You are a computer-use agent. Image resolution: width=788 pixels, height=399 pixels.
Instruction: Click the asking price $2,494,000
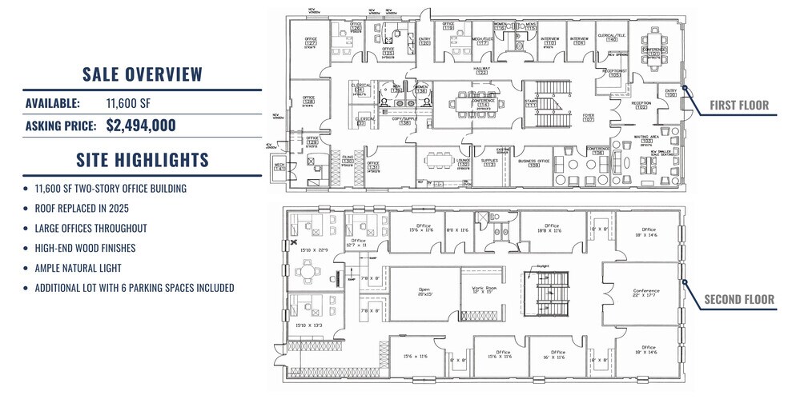click(141, 126)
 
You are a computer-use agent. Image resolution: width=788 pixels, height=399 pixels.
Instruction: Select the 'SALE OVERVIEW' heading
click(143, 75)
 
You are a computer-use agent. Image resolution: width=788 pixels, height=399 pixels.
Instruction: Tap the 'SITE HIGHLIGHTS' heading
click(143, 160)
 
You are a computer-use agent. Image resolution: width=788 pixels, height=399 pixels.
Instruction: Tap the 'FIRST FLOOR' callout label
click(738, 106)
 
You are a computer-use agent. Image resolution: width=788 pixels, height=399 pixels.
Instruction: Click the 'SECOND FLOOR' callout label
click(738, 300)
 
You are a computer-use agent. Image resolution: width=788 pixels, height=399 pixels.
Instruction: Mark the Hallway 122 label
click(482, 70)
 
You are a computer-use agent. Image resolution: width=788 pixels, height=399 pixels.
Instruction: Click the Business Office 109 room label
click(533, 162)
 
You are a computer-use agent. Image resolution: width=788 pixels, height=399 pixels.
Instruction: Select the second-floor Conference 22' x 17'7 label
click(643, 293)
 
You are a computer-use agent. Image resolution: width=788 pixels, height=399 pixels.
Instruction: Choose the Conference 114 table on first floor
click(483, 104)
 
